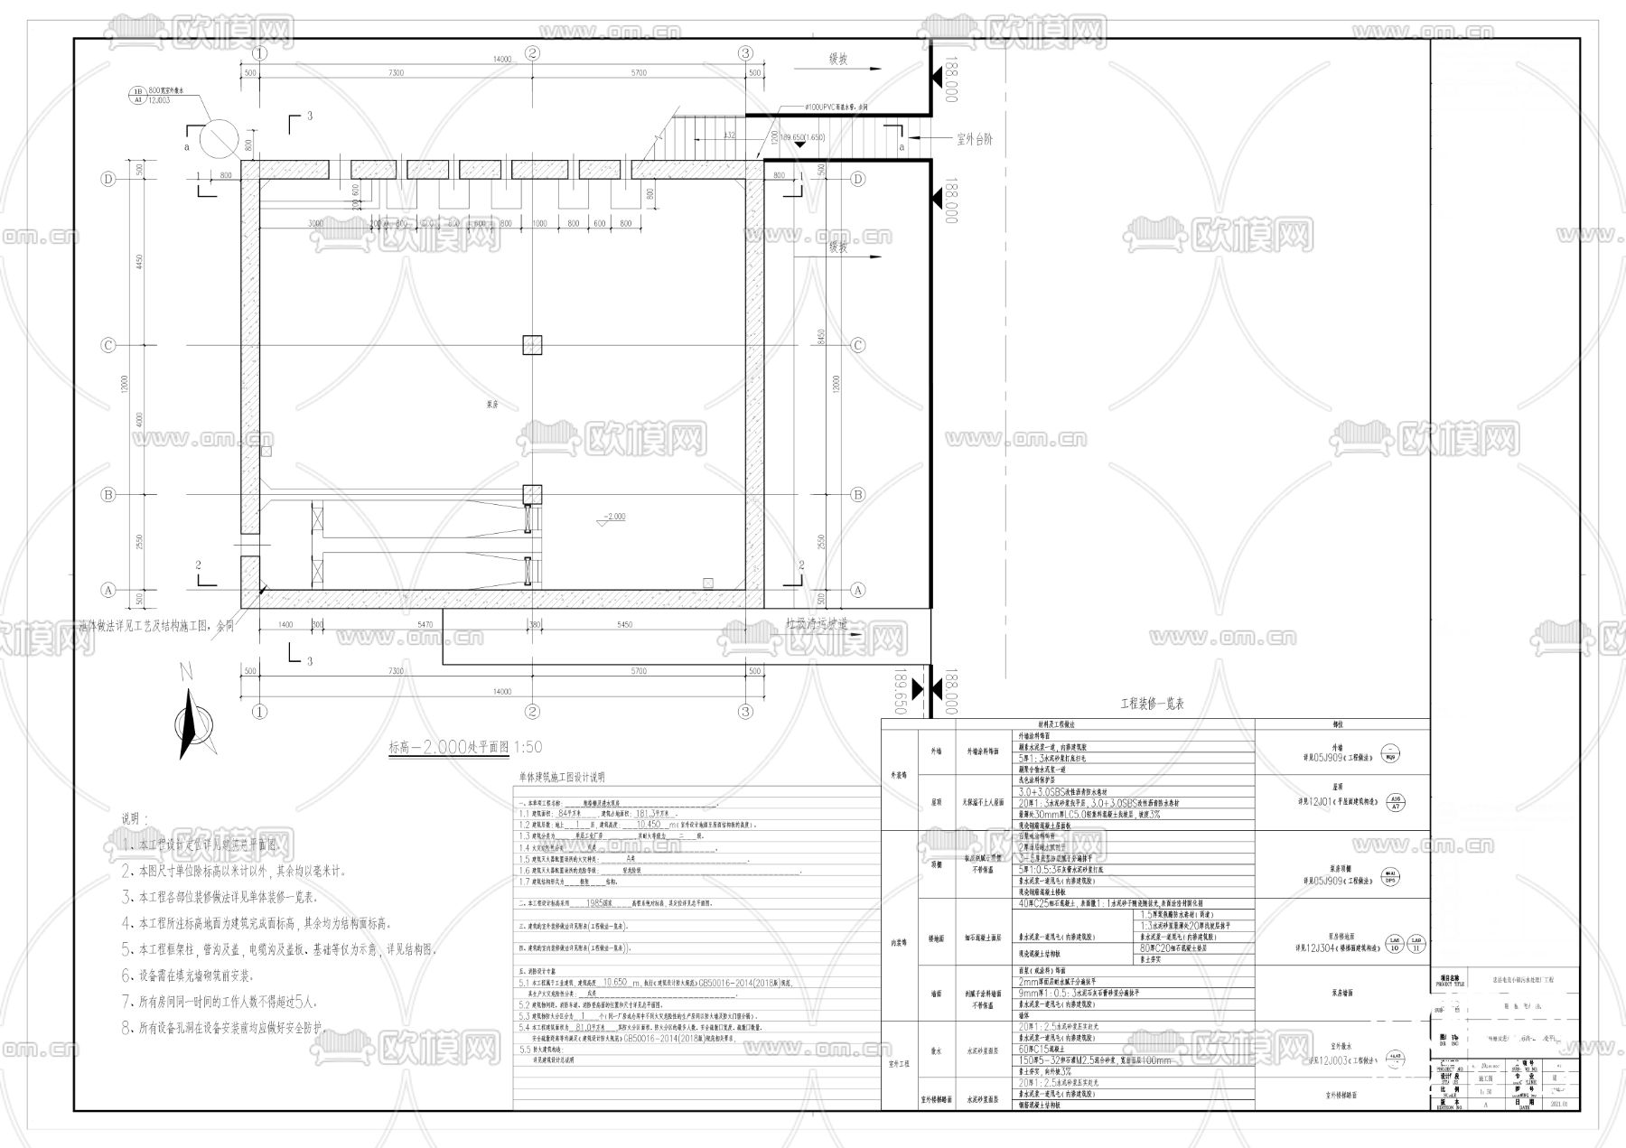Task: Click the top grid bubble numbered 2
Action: coord(532,53)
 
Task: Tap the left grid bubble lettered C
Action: coord(108,345)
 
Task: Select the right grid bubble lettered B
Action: coord(858,495)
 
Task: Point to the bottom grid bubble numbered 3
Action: coord(745,712)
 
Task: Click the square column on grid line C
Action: coord(532,344)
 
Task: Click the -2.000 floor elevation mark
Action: coord(613,518)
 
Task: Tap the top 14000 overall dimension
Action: coord(502,60)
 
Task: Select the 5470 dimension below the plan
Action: coord(425,625)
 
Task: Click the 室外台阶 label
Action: coord(974,140)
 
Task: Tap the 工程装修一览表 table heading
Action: coord(1152,704)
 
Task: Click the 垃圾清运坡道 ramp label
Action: coord(817,623)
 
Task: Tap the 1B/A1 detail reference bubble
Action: coord(138,96)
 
